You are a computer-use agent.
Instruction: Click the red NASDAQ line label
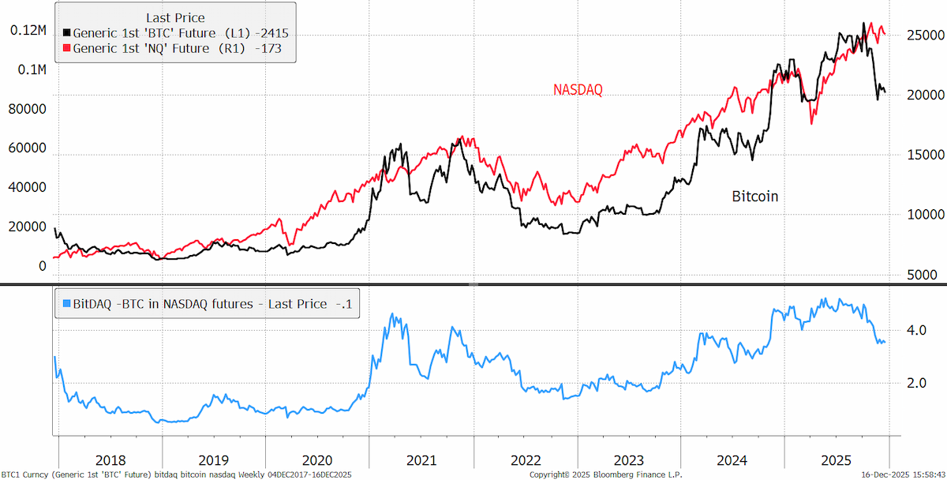pyautogui.click(x=578, y=90)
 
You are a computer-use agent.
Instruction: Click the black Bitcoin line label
pyautogui.click(x=755, y=197)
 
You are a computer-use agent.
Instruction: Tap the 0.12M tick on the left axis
pyautogui.click(x=28, y=31)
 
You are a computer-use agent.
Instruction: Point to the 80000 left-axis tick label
pyautogui.click(x=27, y=109)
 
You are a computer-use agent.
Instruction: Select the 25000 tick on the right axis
pyautogui.click(x=926, y=35)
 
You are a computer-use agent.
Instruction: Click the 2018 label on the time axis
pyautogui.click(x=110, y=460)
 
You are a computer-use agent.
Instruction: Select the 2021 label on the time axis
pyautogui.click(x=421, y=460)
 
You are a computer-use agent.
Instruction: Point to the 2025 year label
pyautogui.click(x=837, y=460)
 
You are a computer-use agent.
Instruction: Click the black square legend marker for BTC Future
pyautogui.click(x=67, y=32)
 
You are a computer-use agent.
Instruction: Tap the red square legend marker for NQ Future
pyautogui.click(x=67, y=48)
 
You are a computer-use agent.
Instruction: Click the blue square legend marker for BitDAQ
pyautogui.click(x=67, y=303)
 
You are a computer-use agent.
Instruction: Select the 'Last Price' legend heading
pyautogui.click(x=175, y=17)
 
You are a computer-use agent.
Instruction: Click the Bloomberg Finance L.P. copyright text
pyautogui.click(x=606, y=475)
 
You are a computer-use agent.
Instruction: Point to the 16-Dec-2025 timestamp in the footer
pyautogui.click(x=904, y=475)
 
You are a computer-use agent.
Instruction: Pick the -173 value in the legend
pyautogui.click(x=268, y=48)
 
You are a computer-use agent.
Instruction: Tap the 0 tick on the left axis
pyautogui.click(x=43, y=266)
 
